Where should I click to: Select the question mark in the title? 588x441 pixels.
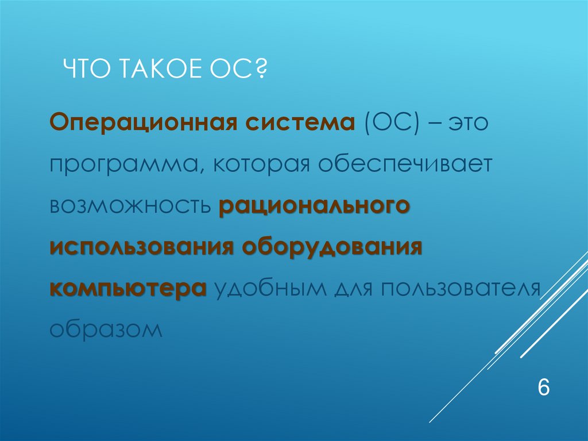point(264,73)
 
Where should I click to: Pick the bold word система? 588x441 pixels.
point(295,124)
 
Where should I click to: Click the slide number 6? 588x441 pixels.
point(543,387)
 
